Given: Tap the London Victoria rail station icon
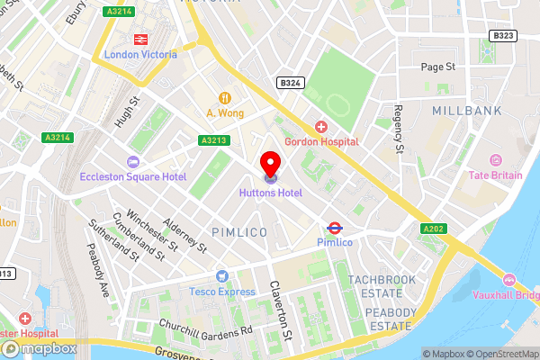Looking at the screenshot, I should (x=140, y=39).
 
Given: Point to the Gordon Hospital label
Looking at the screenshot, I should (x=321, y=141).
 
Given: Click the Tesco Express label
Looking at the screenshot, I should (x=221, y=292).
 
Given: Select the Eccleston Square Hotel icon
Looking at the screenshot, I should (x=133, y=162).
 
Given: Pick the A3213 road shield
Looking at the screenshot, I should (x=213, y=140).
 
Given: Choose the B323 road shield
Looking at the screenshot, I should (x=504, y=35).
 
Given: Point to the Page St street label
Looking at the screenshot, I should (x=439, y=67).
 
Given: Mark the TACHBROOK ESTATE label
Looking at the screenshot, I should (x=382, y=286).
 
